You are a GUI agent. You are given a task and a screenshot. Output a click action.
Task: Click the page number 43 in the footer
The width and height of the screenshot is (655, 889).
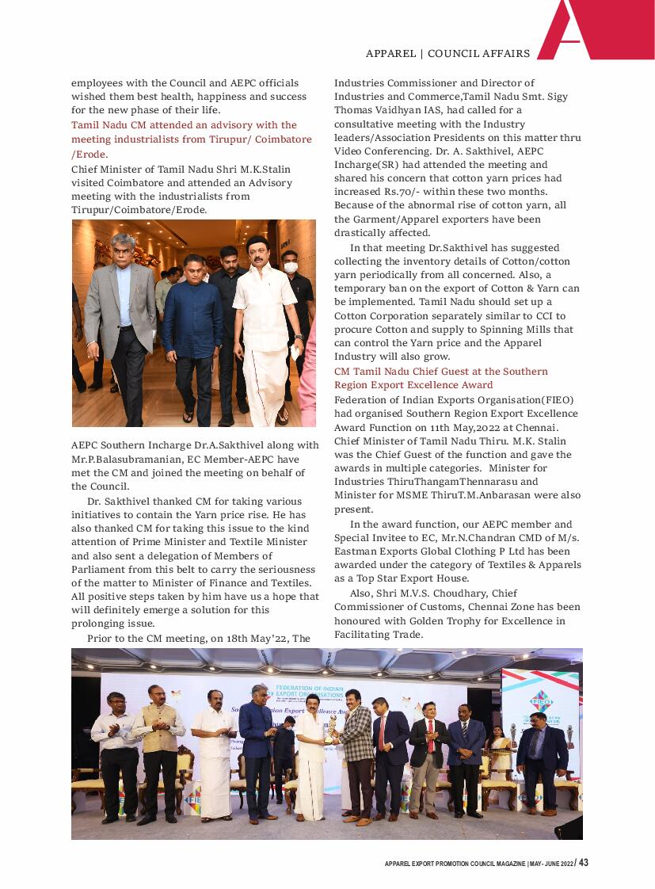pyautogui.click(x=583, y=863)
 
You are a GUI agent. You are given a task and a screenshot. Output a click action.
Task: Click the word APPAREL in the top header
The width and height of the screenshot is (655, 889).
pyautogui.click(x=390, y=54)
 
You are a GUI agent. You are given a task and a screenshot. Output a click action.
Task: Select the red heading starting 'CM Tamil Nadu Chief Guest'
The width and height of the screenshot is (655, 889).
pyautogui.click(x=440, y=372)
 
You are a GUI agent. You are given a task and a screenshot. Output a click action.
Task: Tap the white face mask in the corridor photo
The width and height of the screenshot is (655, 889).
pyautogui.click(x=290, y=268)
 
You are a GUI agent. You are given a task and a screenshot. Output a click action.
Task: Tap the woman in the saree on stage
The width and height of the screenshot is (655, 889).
pyautogui.click(x=500, y=754)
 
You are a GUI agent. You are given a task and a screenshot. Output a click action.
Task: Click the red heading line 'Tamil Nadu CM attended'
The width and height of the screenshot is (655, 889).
pyautogui.click(x=184, y=125)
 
